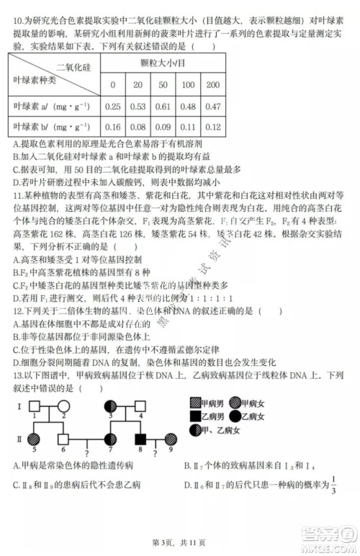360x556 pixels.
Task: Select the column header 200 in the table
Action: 212,85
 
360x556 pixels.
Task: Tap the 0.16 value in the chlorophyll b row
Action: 112,127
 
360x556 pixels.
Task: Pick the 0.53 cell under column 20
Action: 138,107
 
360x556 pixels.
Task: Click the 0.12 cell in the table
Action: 212,127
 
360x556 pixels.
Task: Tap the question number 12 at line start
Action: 18,310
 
